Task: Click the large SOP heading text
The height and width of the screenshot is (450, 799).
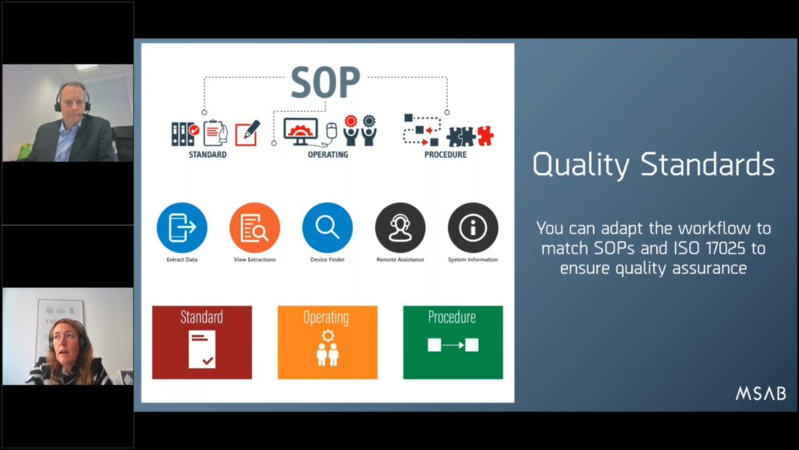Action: coord(325,81)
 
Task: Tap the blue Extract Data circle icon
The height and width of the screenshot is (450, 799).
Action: coord(182,227)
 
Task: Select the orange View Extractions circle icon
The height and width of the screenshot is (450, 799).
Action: coord(255,227)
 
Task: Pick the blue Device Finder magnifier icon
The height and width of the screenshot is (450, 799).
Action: coord(328,227)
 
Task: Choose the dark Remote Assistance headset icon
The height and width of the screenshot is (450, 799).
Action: coord(400,227)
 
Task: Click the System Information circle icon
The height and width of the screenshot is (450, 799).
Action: coord(473,227)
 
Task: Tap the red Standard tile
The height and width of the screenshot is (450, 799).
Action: coord(202,342)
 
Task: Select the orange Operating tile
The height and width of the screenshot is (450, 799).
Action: coord(328,342)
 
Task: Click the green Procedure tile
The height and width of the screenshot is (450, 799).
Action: coord(453,342)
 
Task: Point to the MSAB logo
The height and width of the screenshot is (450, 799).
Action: coord(761,394)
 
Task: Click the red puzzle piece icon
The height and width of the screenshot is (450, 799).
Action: coord(485,135)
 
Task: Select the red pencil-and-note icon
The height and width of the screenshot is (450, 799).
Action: coord(247,133)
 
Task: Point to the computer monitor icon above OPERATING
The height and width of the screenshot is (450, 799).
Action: coord(300,131)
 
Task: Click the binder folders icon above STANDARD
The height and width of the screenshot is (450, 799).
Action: coord(185,134)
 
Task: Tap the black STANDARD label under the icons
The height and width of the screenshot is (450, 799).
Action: coord(208,155)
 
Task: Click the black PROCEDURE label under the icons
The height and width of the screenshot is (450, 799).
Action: coord(446,155)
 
